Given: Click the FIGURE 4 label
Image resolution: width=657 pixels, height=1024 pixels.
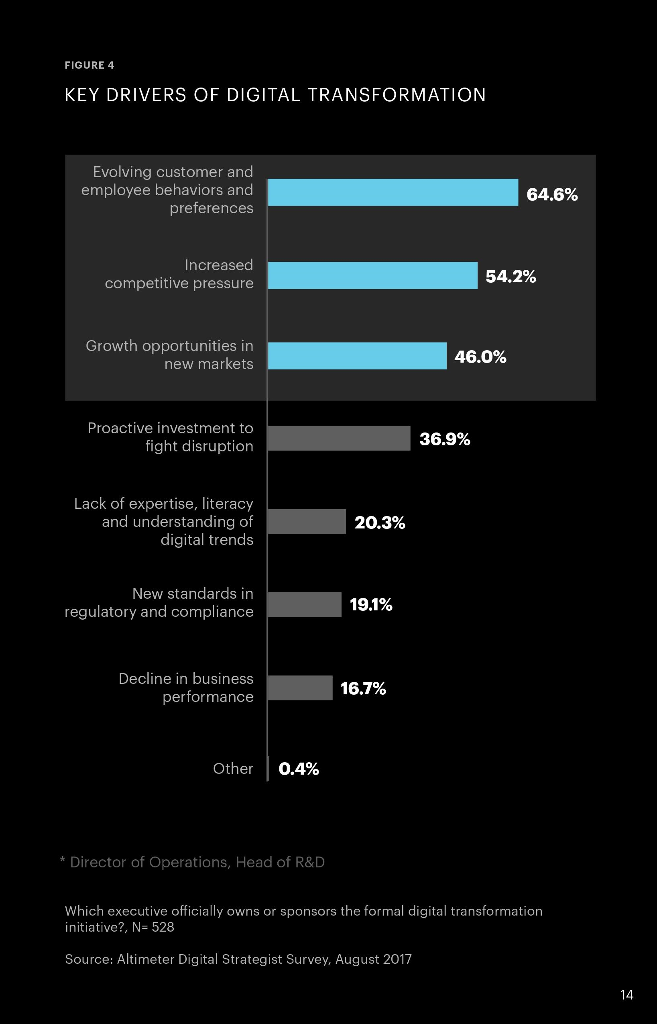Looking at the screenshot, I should pos(89,65).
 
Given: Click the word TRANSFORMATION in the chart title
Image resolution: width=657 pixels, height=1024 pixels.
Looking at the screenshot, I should pos(397,95).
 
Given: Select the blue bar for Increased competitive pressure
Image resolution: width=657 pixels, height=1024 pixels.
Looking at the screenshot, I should pos(372,276).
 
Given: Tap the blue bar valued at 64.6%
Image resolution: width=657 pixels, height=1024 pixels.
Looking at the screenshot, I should pos(393,192).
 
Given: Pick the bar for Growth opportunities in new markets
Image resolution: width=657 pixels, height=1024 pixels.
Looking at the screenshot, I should pos(357,356).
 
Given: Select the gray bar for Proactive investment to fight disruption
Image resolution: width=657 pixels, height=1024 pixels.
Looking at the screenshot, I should pos(339,439).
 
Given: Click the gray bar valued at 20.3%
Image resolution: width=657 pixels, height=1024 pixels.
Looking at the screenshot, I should pos(307,522).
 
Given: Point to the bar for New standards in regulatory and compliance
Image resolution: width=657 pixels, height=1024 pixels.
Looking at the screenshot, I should pos(305,605).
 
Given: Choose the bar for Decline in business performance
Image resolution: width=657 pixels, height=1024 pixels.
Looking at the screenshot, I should pos(300,688).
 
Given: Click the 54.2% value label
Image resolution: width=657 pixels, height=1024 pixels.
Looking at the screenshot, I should pos(511,277).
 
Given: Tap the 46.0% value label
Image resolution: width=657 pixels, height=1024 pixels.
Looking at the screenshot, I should pos(480,357).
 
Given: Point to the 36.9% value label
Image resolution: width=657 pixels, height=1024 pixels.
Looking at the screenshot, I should pos(445,439).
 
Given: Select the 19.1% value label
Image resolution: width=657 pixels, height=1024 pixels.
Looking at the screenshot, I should pos(371,605).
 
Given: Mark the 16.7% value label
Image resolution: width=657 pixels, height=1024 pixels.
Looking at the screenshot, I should pos(363,689).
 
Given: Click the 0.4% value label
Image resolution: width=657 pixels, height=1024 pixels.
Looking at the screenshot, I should pos(299,769).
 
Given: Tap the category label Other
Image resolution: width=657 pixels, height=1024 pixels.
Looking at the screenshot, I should pos(233,769).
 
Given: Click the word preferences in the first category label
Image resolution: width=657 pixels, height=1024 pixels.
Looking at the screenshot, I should pos(211,208).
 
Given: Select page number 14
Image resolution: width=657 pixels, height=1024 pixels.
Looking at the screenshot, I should pos(626,995).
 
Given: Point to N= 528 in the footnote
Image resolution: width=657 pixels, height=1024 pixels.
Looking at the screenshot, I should pos(153,927).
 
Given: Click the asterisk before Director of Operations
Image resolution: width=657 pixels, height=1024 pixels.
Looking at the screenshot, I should pos(63,860).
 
